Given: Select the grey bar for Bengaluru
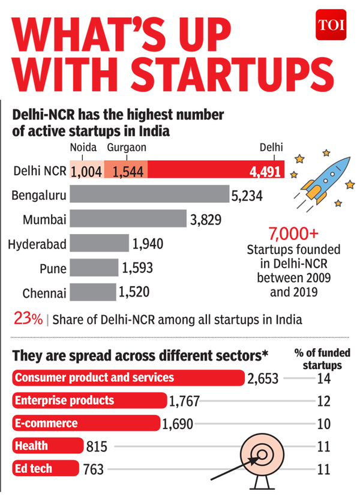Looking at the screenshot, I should tap(149, 194).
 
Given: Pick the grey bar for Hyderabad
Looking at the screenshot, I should tap(100, 244).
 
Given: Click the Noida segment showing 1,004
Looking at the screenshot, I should tap(87, 171).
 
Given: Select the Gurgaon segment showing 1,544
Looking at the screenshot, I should tap(125, 171).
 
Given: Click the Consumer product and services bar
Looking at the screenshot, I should tap(128, 378).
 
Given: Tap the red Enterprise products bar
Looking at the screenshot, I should tap(89, 400).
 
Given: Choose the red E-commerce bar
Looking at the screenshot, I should tap(86, 423).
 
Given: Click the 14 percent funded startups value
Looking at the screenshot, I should tap(325, 379).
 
